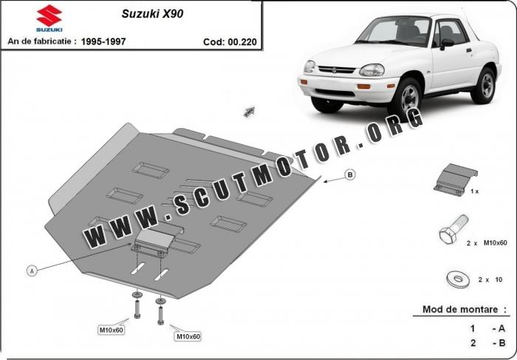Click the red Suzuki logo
49,16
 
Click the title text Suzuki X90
152,14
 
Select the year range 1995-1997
103,41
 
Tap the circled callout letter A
32,271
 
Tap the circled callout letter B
350,174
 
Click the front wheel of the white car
406,99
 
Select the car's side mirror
448,44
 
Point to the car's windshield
394,31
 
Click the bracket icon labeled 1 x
455,179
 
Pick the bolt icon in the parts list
453,229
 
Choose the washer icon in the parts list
458,280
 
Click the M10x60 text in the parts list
495,243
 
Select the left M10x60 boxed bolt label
112,330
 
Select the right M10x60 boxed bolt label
188,336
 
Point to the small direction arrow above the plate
249,112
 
